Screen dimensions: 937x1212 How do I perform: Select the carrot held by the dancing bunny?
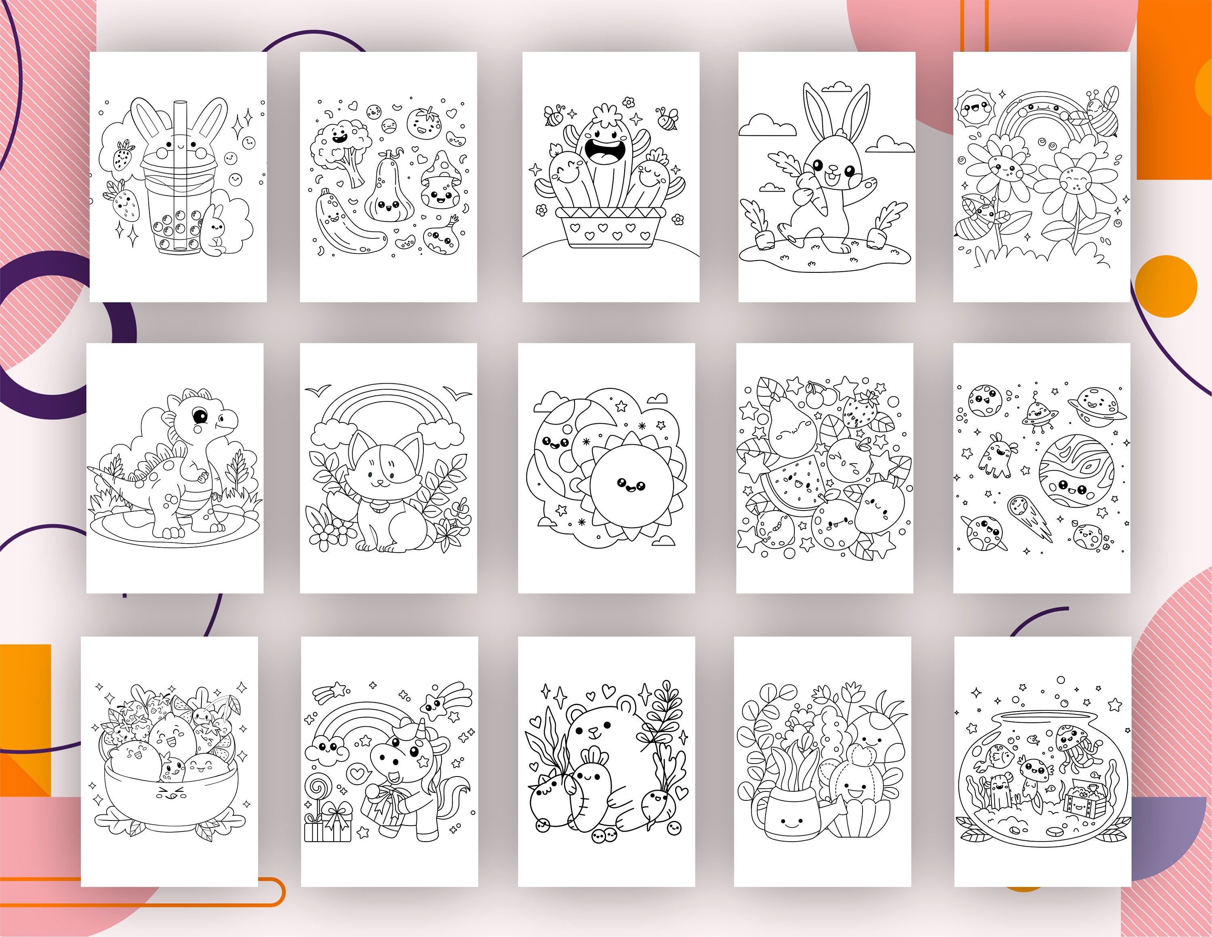(811, 194)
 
